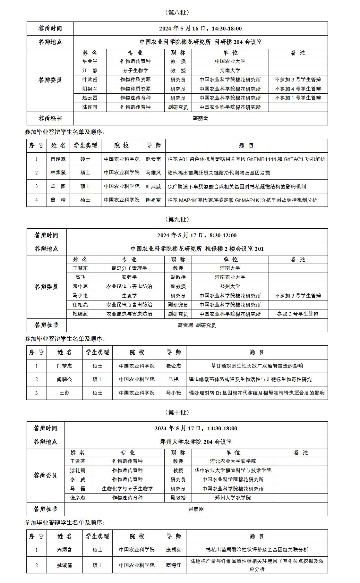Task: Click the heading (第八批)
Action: point(177,13)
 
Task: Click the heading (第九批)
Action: point(177,219)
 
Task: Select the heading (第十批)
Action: point(177,412)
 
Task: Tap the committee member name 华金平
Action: point(90,61)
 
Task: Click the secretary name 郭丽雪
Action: point(201,118)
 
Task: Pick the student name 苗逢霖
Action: point(58,159)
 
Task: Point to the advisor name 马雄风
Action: point(153,173)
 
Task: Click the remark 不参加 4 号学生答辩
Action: point(298,89)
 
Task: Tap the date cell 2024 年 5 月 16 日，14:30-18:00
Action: point(201,29)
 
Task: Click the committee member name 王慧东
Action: point(80,268)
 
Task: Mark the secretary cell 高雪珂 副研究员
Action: point(197,325)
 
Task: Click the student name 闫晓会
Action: point(64,379)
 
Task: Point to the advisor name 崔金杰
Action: point(173,366)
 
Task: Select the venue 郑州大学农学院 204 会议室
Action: point(196,442)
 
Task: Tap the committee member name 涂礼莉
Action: point(78,470)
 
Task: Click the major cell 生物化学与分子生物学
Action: point(127,489)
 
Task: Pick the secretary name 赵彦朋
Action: point(196,509)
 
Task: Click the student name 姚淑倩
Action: point(64,565)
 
